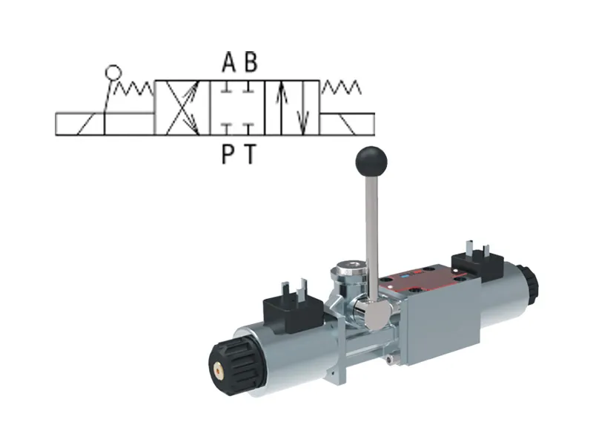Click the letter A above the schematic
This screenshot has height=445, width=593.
229,63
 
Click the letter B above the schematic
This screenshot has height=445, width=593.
251,63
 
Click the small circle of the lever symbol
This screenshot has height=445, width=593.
113,72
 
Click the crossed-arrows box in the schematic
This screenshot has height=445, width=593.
182,108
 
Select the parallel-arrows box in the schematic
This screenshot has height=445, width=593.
293,108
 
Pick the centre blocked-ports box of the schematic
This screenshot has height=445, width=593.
237,108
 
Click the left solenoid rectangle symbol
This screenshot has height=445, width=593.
80,124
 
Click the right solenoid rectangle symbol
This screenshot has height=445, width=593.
348,124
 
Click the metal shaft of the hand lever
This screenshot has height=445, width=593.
370,222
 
